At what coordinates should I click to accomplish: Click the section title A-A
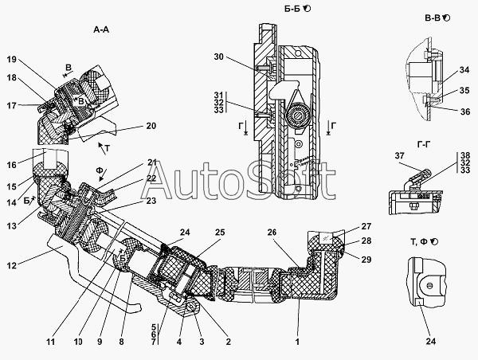point(100,29)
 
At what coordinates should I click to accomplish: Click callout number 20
point(151,126)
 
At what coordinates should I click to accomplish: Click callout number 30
point(220,57)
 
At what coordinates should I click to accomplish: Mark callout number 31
point(220,95)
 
